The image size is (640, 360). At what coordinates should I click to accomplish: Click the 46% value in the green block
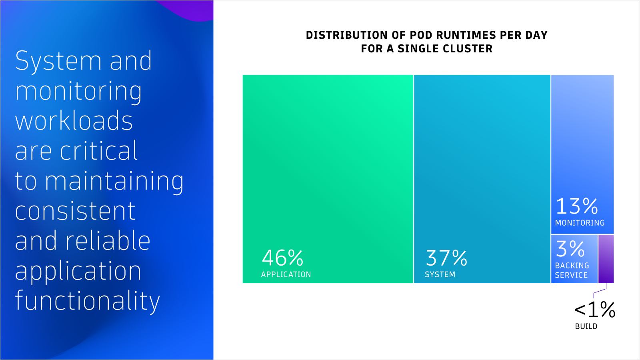[x=282, y=258]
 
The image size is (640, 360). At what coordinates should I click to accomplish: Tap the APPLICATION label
[x=286, y=274]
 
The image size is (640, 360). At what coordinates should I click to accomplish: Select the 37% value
[x=446, y=258]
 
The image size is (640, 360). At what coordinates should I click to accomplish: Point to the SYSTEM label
[x=440, y=274]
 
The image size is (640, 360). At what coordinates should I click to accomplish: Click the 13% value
[x=577, y=206]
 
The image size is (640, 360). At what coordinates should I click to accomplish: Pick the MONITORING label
[x=580, y=223]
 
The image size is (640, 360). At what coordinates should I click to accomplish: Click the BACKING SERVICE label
[x=572, y=270]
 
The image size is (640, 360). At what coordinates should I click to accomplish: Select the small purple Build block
[x=606, y=259]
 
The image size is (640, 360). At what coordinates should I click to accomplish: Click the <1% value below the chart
[x=595, y=310]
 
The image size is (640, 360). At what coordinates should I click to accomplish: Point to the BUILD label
[x=586, y=326]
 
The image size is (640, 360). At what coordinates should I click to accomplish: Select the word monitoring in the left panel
[x=78, y=92]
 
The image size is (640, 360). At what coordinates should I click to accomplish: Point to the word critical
[x=98, y=150]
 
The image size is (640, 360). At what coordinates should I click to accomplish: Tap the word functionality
[x=88, y=301]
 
